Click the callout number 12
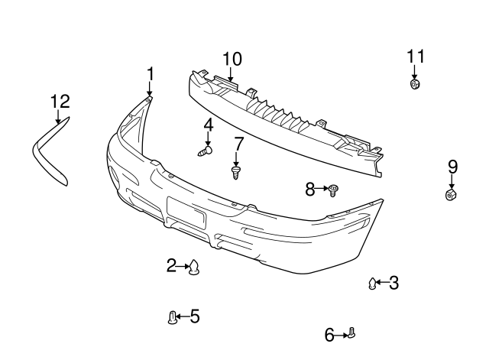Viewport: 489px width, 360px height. coord(60,102)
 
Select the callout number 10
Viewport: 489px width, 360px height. coord(232,60)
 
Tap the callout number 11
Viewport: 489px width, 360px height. coord(416,57)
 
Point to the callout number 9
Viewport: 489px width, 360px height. coord(453,167)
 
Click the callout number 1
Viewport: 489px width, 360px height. coord(151,74)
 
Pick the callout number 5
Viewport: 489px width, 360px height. coord(195,316)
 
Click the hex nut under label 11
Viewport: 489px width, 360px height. coord(414,84)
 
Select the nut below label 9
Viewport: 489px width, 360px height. coord(451,194)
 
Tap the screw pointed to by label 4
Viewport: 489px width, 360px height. coord(206,151)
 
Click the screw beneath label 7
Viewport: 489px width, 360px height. coord(236,173)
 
